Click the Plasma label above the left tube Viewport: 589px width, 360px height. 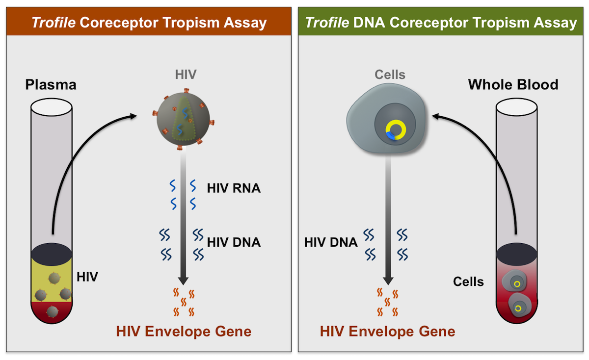[51, 85]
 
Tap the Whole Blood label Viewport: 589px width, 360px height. [513, 85]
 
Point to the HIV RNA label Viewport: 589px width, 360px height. [234, 188]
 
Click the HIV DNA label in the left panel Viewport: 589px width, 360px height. [234, 242]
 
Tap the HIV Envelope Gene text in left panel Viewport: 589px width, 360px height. [184, 332]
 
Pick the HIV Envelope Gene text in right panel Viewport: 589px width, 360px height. [387, 332]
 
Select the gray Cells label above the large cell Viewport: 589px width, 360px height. [390, 75]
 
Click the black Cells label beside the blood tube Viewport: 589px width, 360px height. [468, 282]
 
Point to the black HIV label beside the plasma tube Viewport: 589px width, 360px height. [87, 277]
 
